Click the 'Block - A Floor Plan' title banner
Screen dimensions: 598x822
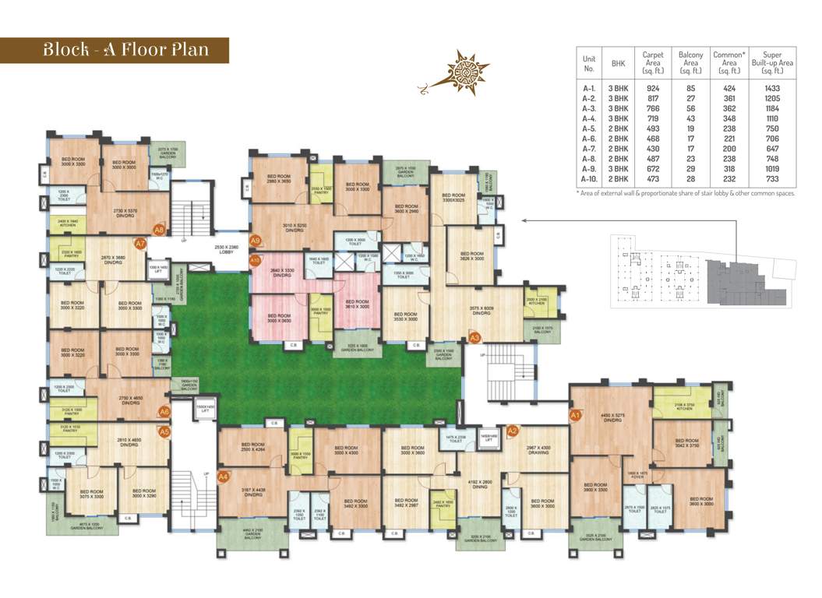point(125,50)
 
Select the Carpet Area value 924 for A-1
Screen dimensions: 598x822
point(653,88)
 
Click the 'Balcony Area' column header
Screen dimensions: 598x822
point(690,62)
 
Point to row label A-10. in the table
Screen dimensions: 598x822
point(590,178)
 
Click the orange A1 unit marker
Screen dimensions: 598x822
point(577,416)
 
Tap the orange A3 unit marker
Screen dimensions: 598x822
point(475,338)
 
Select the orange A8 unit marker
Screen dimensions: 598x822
point(159,230)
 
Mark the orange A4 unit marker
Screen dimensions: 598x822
point(224,476)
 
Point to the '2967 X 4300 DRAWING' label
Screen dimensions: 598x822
point(538,450)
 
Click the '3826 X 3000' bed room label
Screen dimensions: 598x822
point(471,258)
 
